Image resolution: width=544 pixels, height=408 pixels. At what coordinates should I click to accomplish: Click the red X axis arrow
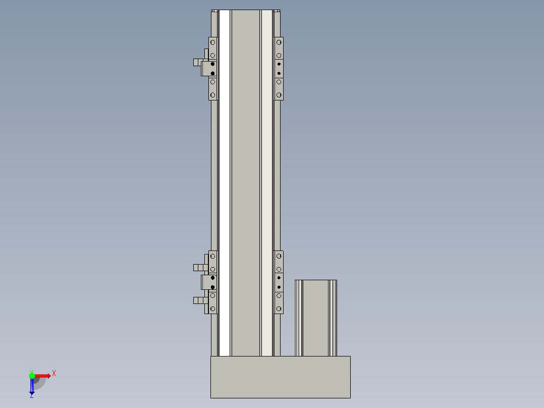(42, 376)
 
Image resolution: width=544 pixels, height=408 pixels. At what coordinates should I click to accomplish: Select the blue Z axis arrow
(32, 386)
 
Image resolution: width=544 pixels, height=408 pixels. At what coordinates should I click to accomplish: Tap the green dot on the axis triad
(32, 375)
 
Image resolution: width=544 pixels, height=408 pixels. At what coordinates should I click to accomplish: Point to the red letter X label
(54, 374)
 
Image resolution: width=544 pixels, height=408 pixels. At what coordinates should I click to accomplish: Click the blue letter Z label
(31, 396)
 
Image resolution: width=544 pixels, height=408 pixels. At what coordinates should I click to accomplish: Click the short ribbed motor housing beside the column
(315, 318)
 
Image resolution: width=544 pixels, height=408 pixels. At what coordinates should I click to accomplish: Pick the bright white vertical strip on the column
(225, 182)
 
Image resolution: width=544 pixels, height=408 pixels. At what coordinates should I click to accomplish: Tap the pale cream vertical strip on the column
(266, 182)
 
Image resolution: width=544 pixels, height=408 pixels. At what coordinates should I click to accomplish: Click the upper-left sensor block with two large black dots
(209, 69)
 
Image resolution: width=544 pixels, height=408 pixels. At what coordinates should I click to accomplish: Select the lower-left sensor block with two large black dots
(209, 282)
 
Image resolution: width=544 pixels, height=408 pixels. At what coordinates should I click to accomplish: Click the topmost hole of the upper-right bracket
(279, 42)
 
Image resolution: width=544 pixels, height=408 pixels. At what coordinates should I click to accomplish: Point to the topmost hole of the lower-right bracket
(279, 256)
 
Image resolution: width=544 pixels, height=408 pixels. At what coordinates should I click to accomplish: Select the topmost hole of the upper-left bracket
(212, 42)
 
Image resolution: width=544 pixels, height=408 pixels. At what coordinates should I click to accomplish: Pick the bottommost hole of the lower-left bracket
(212, 308)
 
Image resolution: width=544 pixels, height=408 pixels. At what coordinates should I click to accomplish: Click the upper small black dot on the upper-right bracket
(279, 64)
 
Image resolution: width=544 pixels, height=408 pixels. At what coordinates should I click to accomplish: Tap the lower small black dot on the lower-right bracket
(279, 287)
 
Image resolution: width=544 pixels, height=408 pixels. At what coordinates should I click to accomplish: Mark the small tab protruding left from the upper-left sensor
(196, 63)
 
